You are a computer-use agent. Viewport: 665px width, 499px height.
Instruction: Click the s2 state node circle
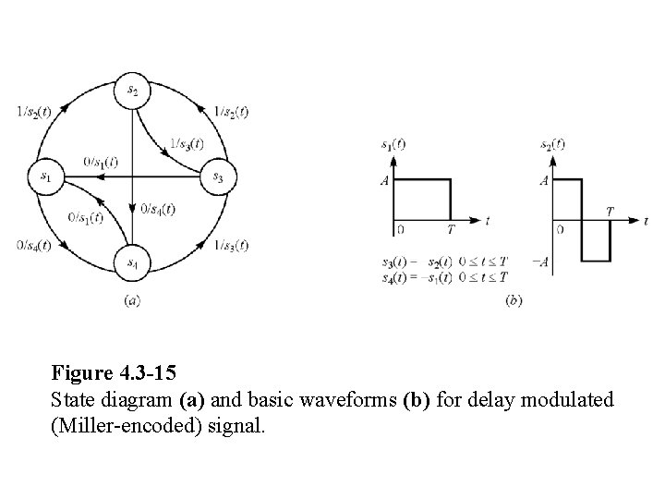coord(133,88)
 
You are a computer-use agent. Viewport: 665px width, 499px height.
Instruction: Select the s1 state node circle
coord(47,175)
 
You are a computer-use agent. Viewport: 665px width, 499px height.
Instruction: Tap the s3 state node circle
coord(219,175)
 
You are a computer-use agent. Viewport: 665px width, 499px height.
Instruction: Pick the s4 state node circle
coord(133,263)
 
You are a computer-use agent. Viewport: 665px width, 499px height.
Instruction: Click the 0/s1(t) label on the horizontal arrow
coord(101,162)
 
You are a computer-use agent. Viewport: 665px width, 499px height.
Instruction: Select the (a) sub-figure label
coord(132,299)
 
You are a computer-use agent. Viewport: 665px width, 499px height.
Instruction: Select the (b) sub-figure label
coord(514,301)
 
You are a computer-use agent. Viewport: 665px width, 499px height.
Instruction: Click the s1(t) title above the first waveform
coord(393,145)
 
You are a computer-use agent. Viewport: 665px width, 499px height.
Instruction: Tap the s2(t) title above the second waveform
coord(551,144)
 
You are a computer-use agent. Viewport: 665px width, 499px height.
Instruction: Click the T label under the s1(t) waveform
coord(450,229)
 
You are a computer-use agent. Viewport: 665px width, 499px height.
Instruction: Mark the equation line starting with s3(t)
coord(445,262)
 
